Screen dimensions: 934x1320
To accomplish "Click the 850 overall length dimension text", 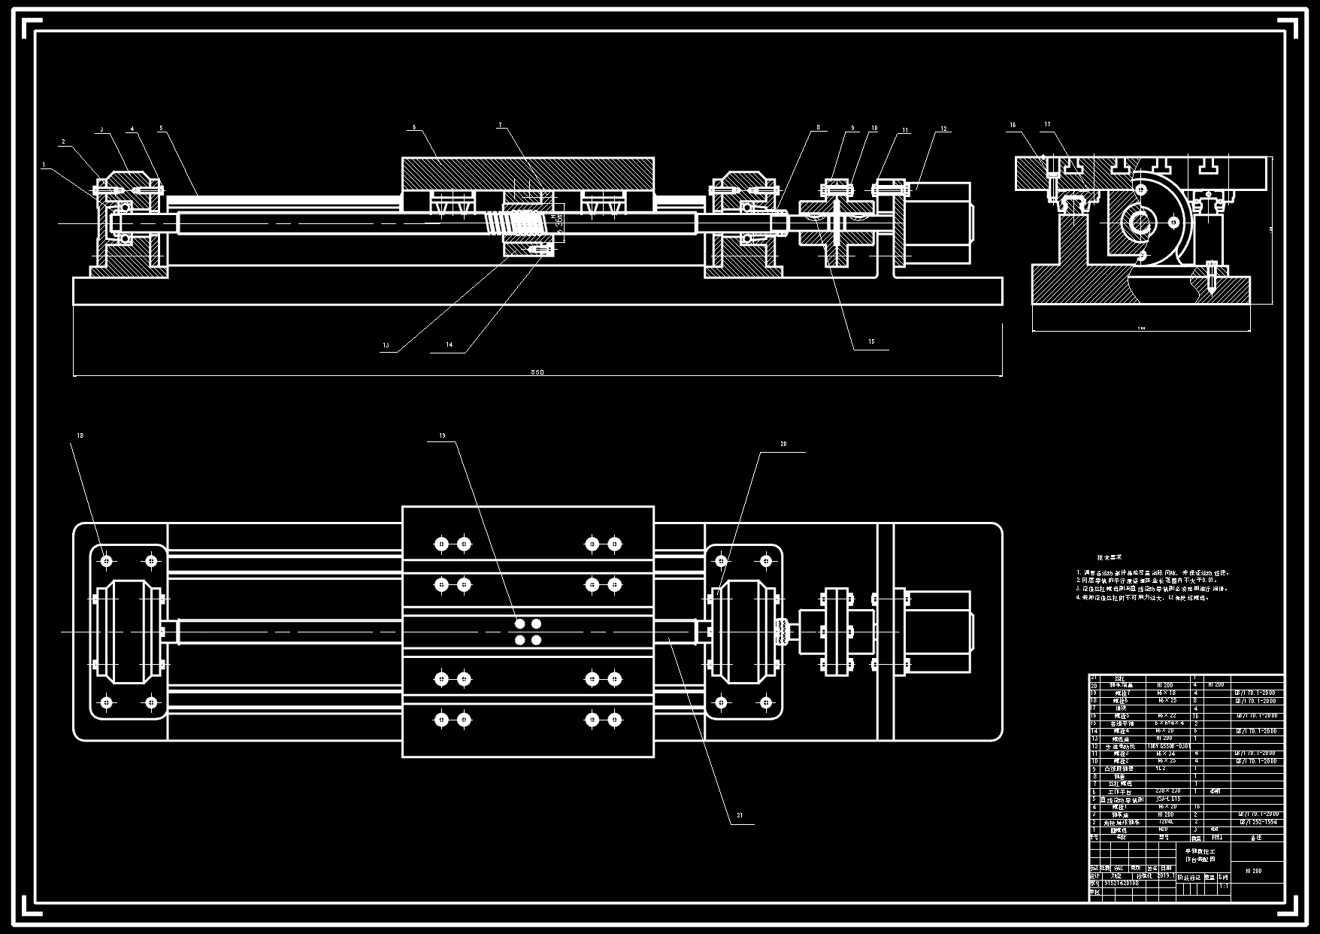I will coord(537,372).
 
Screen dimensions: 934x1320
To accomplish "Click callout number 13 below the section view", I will coord(386,346).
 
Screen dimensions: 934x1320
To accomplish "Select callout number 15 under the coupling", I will coord(871,342).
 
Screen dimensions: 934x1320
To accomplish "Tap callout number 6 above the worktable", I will coord(413,128).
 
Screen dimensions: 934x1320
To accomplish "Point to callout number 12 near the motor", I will coord(943,129).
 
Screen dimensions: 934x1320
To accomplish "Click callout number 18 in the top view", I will coord(80,435).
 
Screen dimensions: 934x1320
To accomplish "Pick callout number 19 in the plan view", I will coord(442,435).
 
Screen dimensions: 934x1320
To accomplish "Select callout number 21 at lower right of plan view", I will coord(740,815).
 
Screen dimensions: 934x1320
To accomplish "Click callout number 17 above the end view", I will coord(1047,125).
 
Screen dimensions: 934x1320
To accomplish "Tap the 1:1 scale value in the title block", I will coord(1223,886).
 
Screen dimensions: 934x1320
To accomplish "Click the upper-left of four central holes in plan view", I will coord(519,624).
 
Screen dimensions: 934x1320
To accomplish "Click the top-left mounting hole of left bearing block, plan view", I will coord(107,561).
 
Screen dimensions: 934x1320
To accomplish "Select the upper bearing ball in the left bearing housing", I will coord(126,207).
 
